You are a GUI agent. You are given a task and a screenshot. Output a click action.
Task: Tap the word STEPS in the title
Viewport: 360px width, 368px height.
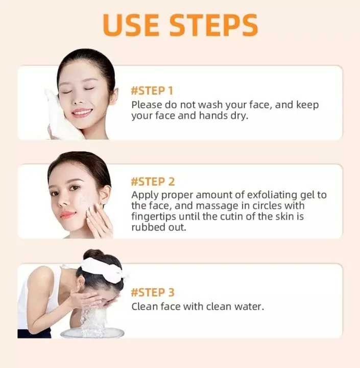tap(214, 25)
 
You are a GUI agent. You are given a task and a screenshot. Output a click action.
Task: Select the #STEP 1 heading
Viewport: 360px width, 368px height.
tap(152, 91)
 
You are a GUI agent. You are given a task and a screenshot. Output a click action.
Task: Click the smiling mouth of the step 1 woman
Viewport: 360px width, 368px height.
tap(82, 112)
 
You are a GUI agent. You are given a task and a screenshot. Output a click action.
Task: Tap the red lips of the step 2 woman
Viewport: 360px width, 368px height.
tap(67, 214)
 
